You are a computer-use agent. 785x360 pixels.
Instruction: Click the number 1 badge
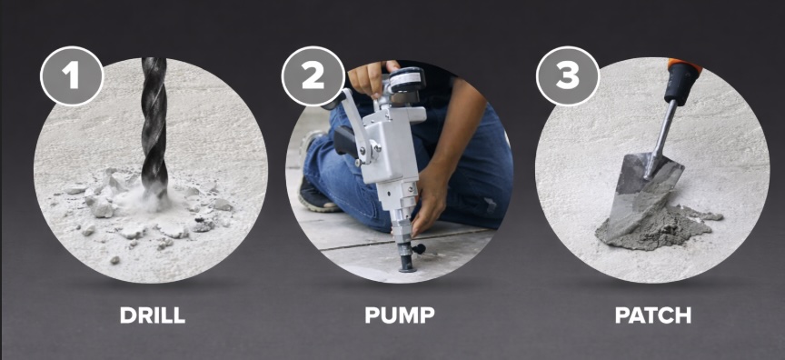point(72,75)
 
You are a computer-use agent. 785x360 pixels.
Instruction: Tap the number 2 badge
point(313,75)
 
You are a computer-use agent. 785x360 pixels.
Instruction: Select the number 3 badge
point(568,75)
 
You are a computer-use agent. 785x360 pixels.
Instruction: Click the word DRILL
point(153,315)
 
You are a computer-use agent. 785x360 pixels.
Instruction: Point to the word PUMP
point(400,315)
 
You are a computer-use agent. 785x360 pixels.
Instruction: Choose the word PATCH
point(653,315)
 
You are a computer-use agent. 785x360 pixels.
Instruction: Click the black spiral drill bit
point(154,125)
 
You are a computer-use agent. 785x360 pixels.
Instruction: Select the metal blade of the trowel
point(643,193)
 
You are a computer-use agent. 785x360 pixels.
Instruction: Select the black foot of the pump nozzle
point(408,259)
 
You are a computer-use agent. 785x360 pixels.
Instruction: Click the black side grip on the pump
point(346,140)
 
